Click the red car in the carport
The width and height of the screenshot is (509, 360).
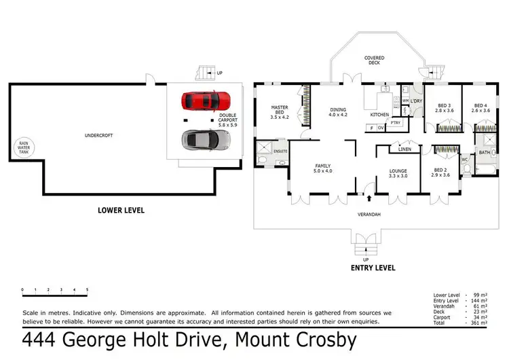(206, 101)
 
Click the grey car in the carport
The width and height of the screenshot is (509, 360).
(206, 140)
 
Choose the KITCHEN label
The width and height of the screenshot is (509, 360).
(379, 115)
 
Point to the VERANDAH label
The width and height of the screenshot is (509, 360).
(370, 215)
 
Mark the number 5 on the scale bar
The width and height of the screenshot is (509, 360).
(87, 290)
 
